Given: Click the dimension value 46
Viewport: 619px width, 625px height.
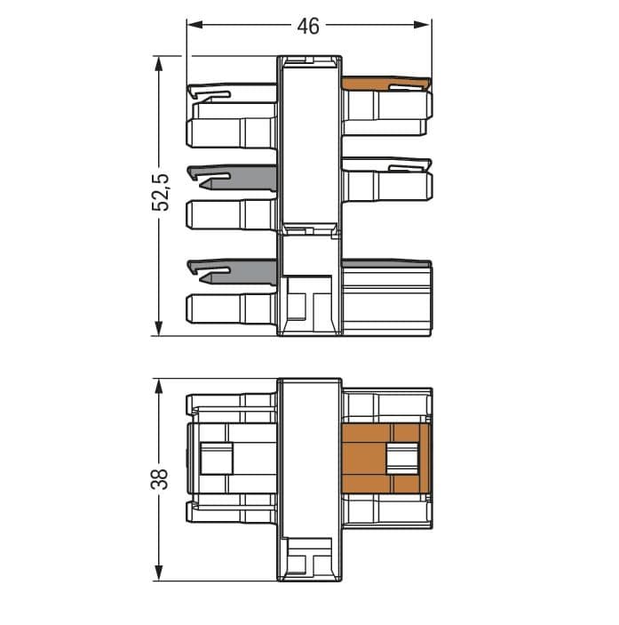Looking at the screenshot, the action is click(308, 27).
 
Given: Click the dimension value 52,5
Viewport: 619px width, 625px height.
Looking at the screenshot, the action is click(161, 192).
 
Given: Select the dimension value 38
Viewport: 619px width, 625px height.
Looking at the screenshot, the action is click(160, 478).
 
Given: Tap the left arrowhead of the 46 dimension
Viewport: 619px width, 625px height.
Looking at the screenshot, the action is click(195, 25).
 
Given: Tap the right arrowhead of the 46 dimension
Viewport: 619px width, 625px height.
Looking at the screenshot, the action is click(422, 25).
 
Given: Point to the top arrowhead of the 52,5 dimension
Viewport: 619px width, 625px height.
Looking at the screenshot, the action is click(159, 64).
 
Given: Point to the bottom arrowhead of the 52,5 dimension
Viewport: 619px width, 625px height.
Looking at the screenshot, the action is click(159, 328).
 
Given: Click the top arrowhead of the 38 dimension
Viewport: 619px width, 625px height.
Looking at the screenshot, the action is click(159, 387).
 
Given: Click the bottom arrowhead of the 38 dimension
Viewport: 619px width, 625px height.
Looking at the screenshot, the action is click(159, 573).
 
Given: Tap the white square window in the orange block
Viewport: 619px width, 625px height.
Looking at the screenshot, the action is click(402, 459).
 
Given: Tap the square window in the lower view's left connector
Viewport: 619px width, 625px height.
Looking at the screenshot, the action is click(216, 459).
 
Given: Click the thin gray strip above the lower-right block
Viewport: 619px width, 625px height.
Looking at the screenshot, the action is click(386, 264).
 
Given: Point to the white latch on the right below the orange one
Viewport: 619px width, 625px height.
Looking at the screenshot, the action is click(386, 164).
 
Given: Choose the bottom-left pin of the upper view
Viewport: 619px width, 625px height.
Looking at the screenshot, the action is click(231, 308).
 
